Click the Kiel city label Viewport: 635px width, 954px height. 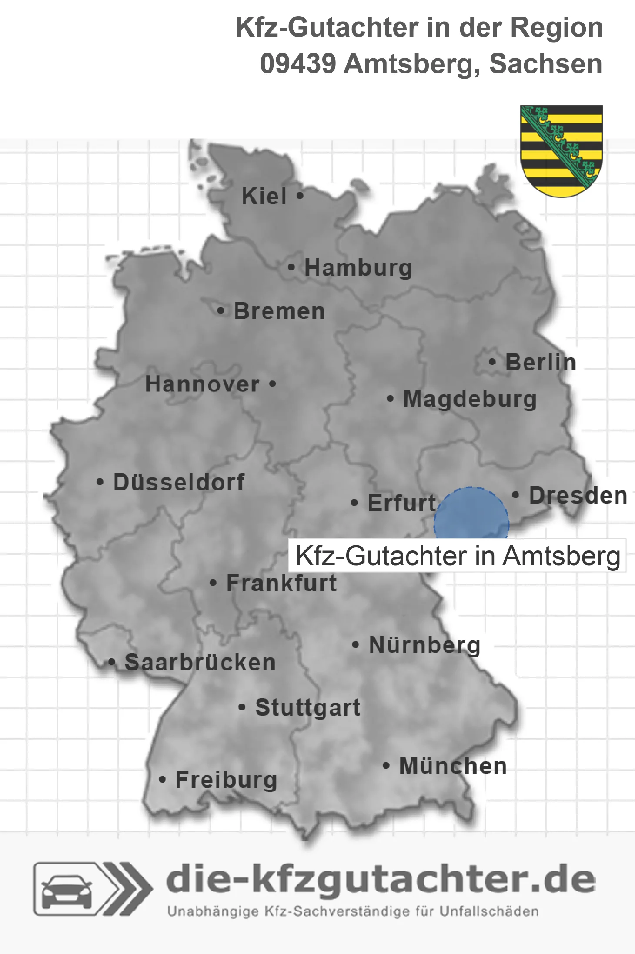pos(264,196)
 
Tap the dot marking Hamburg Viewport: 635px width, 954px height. pos(291,267)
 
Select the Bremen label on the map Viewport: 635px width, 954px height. pos(279,311)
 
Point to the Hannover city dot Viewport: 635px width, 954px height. pos(273,384)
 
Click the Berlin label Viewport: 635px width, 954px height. pos(541,362)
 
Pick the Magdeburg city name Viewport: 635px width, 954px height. pos(470,399)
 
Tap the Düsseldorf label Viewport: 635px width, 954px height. pos(179,482)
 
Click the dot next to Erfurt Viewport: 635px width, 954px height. pos(354,503)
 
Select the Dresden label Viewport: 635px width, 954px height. pos(578,495)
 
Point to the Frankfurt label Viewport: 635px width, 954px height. pos(281,583)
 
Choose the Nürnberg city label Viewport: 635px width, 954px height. pos(424,645)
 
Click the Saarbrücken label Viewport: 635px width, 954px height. pos(200,663)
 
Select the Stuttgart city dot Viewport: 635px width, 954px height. pos(242,707)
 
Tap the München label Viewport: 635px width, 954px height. pos(453,766)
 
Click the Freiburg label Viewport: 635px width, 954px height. pos(226,780)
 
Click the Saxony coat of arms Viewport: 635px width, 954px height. pos(561,150)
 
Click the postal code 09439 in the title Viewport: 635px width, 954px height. pos(298,64)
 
